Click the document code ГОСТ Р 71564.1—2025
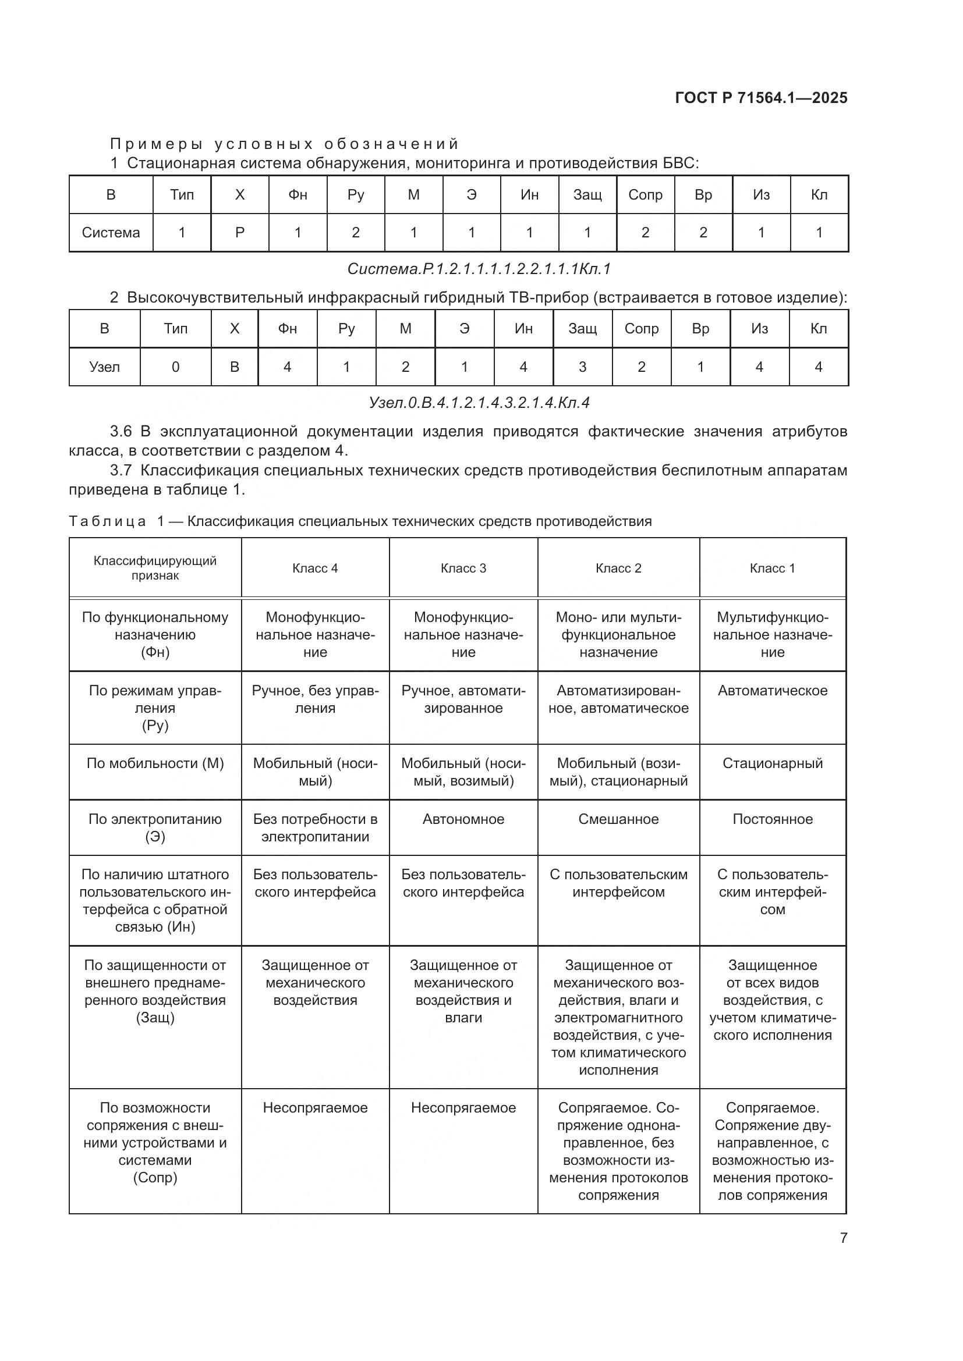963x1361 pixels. click(761, 98)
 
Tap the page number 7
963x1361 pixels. click(843, 1238)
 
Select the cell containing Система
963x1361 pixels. click(111, 232)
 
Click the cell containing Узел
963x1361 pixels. click(104, 367)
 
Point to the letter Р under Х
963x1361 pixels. click(239, 232)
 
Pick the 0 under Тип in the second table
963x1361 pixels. click(175, 367)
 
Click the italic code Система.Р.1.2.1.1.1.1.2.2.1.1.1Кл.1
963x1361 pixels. click(479, 269)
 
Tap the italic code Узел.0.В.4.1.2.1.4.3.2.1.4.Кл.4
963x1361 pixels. click(479, 403)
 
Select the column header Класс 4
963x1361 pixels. click(315, 568)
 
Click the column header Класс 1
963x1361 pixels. click(772, 568)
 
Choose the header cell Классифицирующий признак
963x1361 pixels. click(155, 568)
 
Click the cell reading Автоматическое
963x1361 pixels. click(772, 691)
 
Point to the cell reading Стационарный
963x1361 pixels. click(772, 763)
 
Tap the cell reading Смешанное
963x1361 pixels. click(618, 819)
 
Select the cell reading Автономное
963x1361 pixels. click(463, 819)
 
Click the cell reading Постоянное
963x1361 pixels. click(772, 819)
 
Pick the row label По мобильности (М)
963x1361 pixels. click(155, 763)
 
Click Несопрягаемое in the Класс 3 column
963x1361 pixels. click(463, 1108)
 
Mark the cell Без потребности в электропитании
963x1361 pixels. click(315, 828)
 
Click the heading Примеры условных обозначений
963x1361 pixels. click(285, 144)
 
